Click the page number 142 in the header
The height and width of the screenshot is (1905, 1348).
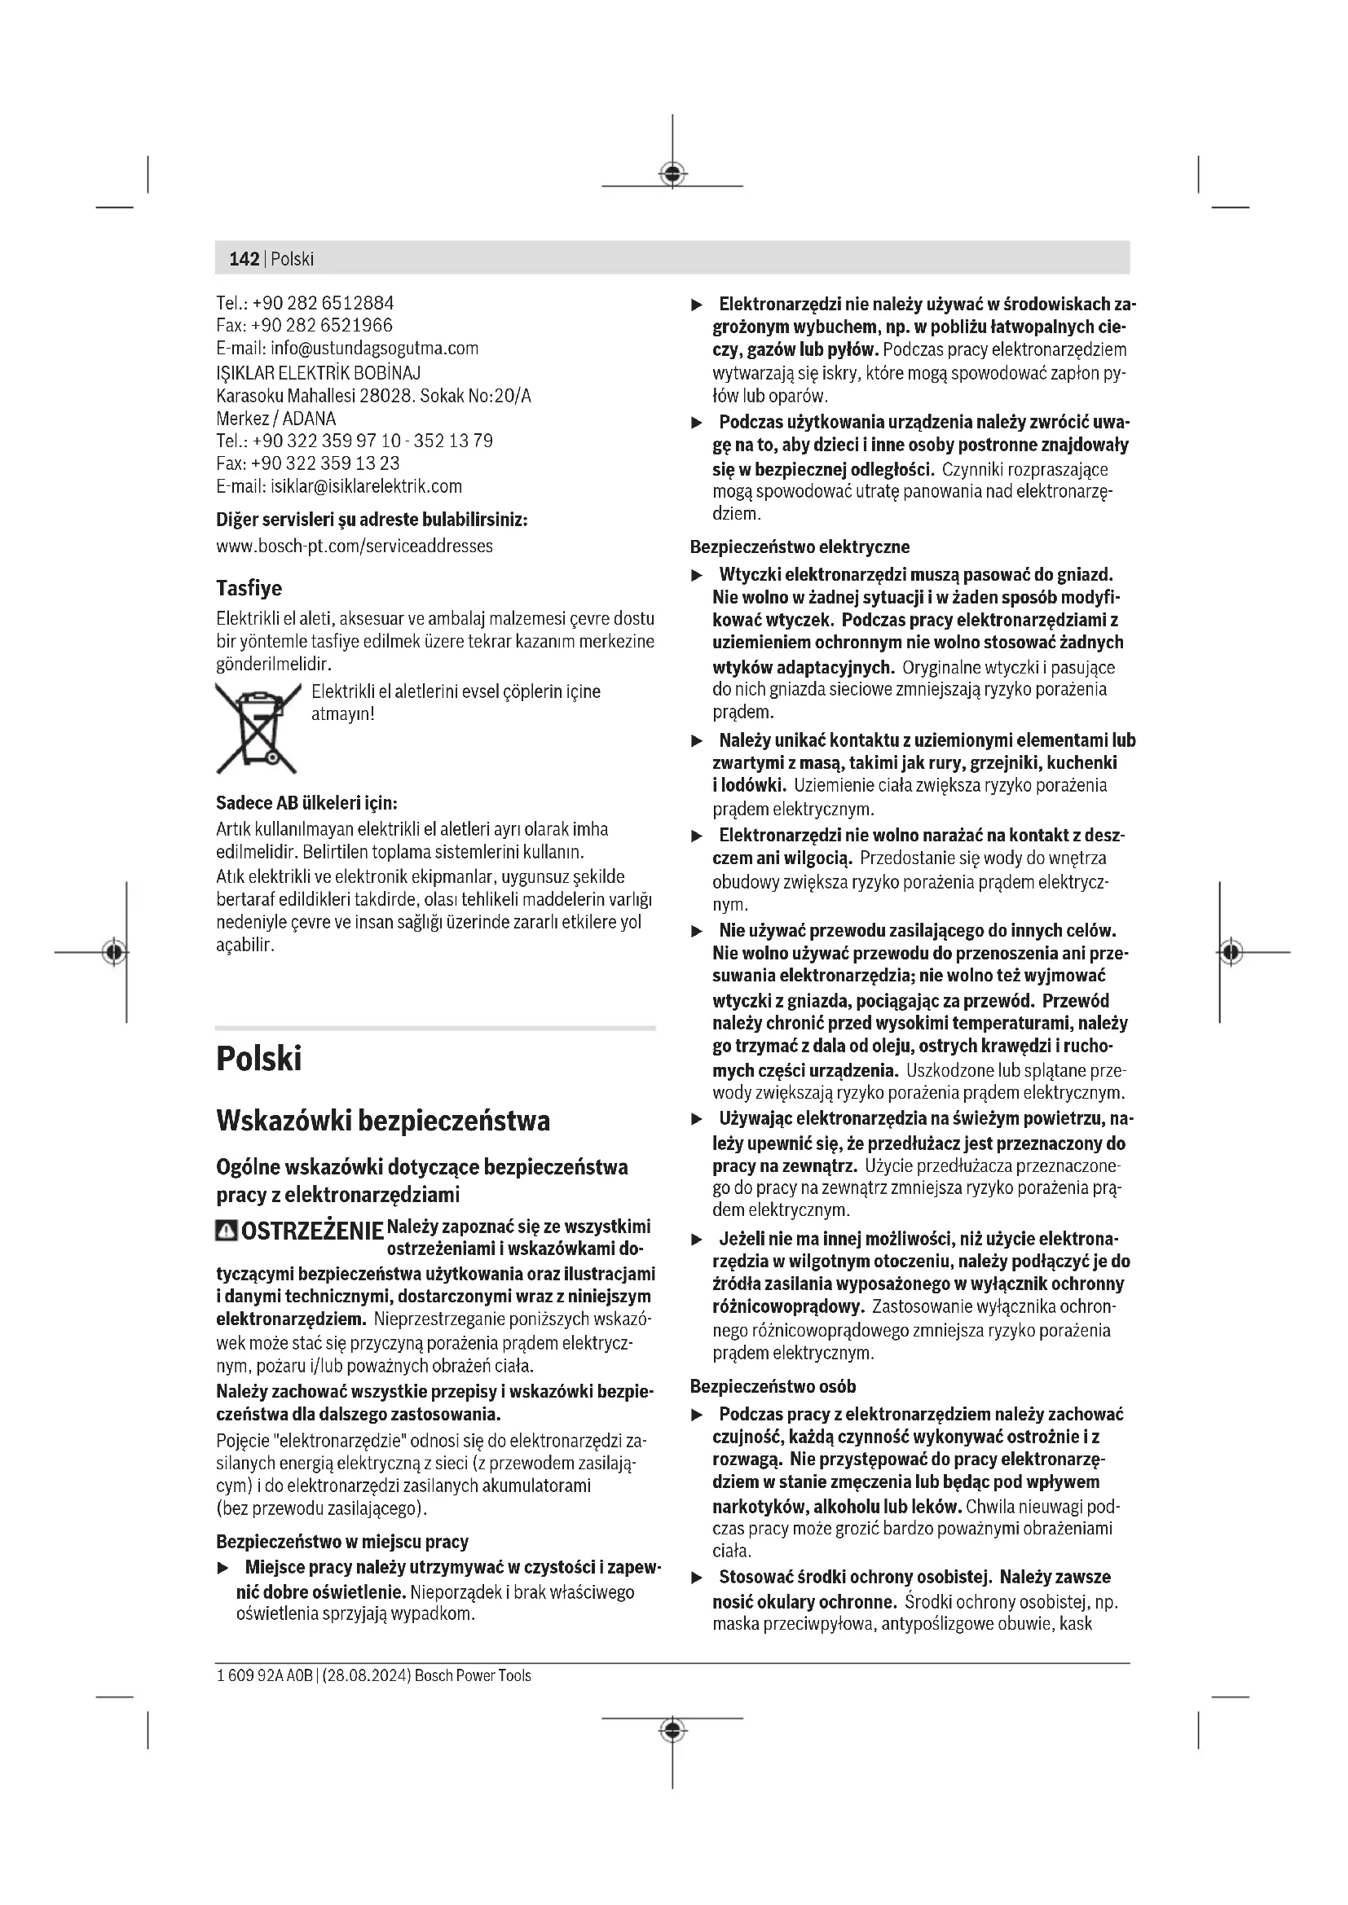(244, 259)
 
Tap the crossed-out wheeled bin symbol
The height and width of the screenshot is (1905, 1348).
(258, 726)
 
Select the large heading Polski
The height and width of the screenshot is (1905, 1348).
(259, 1059)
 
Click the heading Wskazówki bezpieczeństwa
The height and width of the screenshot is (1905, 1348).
(383, 1121)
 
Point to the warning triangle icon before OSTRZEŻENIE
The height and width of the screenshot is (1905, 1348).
(226, 1231)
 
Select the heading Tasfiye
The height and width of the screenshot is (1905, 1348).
(249, 588)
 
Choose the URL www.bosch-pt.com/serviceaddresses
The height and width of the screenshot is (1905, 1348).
(355, 546)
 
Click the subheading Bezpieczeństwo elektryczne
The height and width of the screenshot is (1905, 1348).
(800, 546)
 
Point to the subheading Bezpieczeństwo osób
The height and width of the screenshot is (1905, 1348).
(773, 1386)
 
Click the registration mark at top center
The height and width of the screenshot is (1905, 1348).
(672, 173)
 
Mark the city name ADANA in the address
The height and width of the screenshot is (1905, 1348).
(310, 418)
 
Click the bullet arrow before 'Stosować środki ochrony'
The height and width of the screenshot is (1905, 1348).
(698, 1578)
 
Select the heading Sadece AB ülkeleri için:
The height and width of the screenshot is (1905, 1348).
(306, 803)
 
